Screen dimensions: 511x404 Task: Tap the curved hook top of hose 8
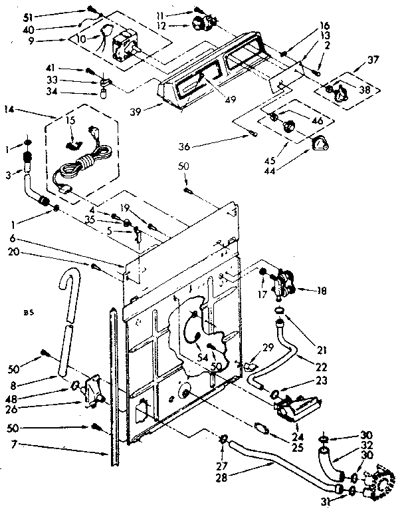click(x=66, y=276)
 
